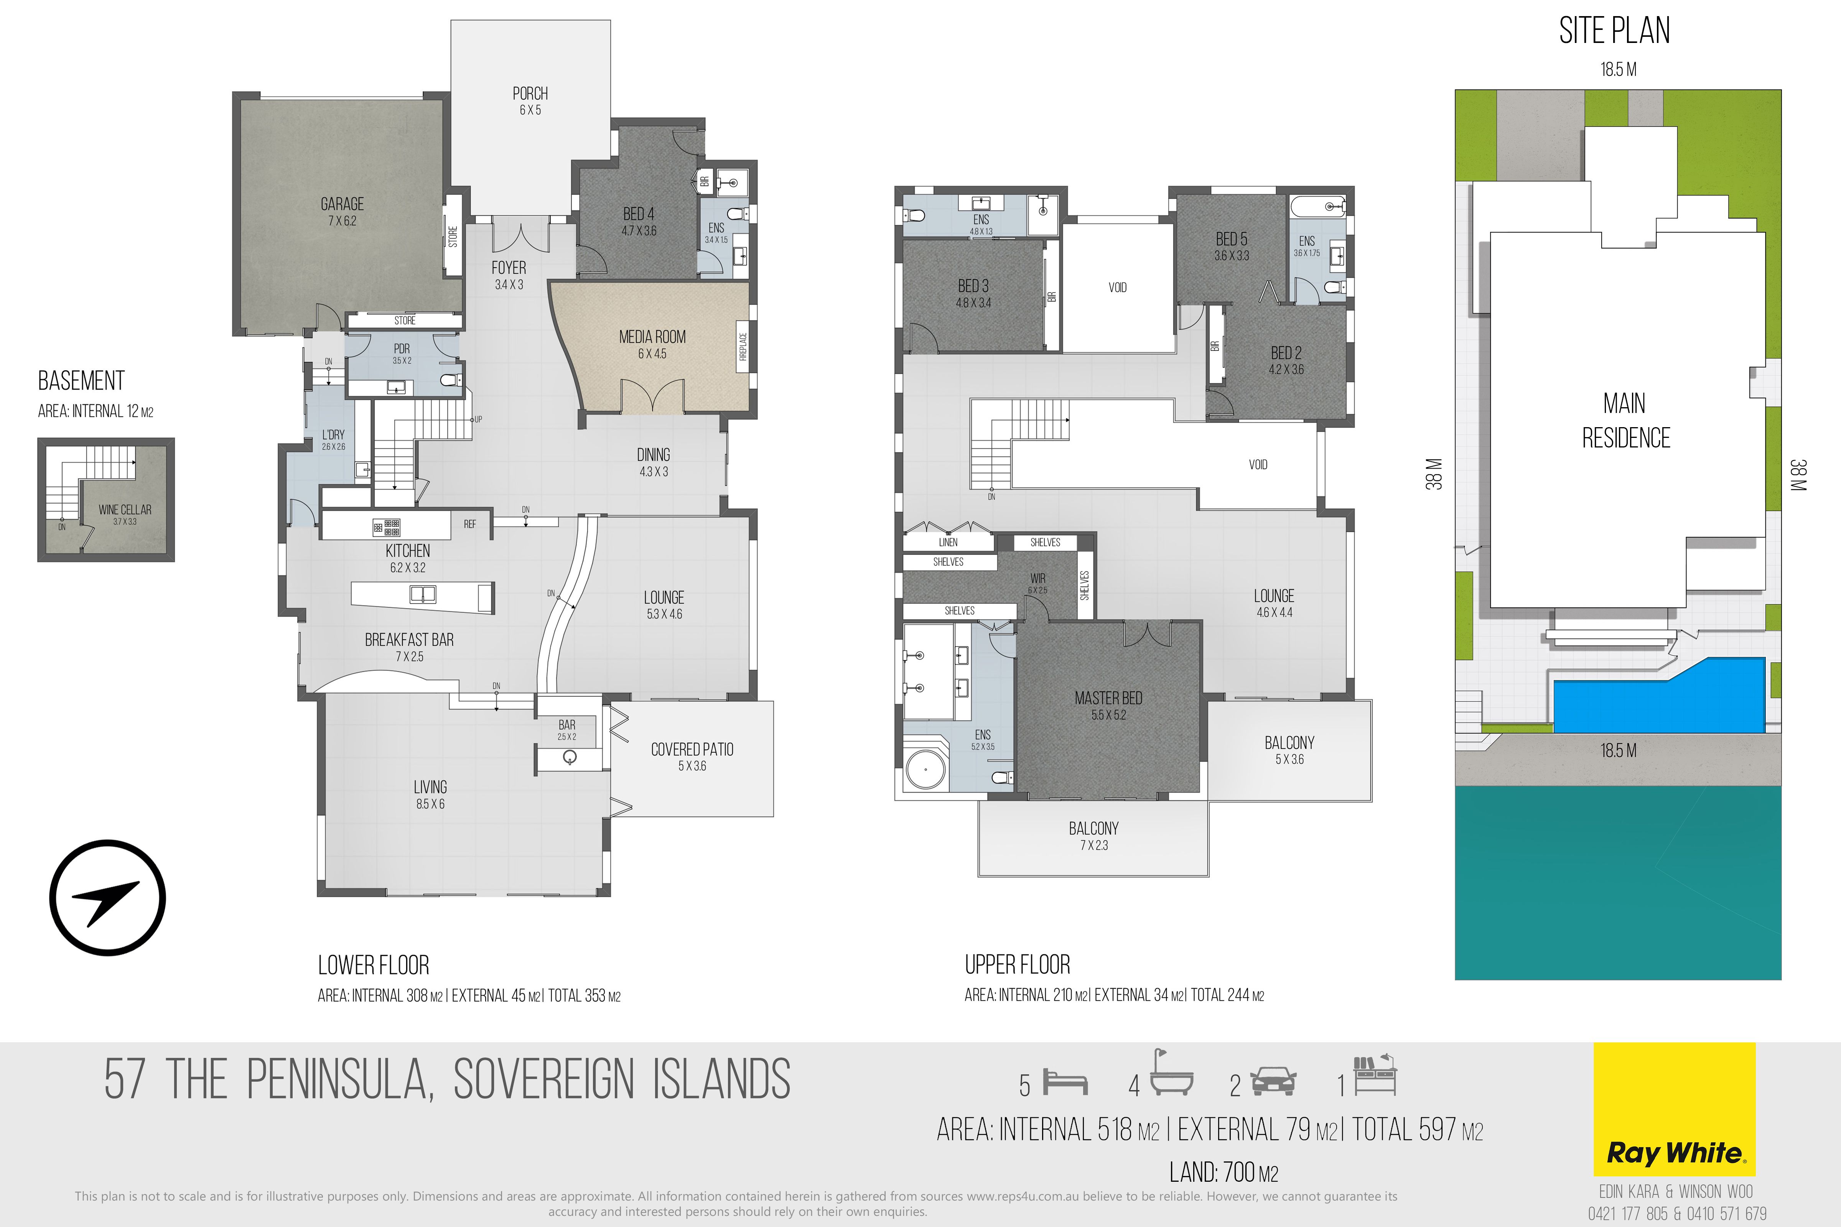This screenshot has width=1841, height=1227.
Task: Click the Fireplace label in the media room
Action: pos(743,347)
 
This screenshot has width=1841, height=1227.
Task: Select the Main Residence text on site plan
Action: pos(1626,421)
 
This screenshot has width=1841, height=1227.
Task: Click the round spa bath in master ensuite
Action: pos(926,770)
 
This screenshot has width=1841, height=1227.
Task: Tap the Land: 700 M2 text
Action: pos(1223,1172)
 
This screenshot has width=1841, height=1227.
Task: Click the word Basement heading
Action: pos(81,381)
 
